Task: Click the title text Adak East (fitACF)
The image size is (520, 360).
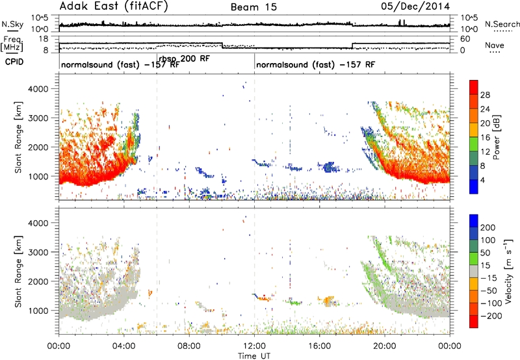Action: point(114,6)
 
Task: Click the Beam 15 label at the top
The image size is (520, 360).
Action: point(253,7)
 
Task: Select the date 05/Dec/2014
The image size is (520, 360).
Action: point(415,6)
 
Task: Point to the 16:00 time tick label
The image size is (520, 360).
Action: point(319,346)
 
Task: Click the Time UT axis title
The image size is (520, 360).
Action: point(254,355)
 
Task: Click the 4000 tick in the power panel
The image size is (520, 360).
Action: point(38,89)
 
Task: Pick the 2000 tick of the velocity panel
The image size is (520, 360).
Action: point(38,281)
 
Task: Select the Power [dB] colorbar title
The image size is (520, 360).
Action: point(497,137)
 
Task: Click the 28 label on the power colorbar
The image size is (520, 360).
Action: point(485,95)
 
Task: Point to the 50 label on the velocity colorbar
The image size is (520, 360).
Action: point(485,253)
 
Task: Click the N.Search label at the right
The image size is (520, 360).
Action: point(502,24)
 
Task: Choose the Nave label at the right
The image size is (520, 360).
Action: point(495,45)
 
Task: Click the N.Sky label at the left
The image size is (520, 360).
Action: point(12,24)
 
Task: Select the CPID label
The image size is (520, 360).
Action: point(14,62)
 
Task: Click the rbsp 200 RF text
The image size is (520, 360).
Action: point(185,59)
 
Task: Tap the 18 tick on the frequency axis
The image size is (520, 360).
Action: point(44,39)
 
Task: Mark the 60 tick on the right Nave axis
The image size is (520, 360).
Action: point(465,39)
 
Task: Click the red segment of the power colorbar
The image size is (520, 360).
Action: point(474,88)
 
